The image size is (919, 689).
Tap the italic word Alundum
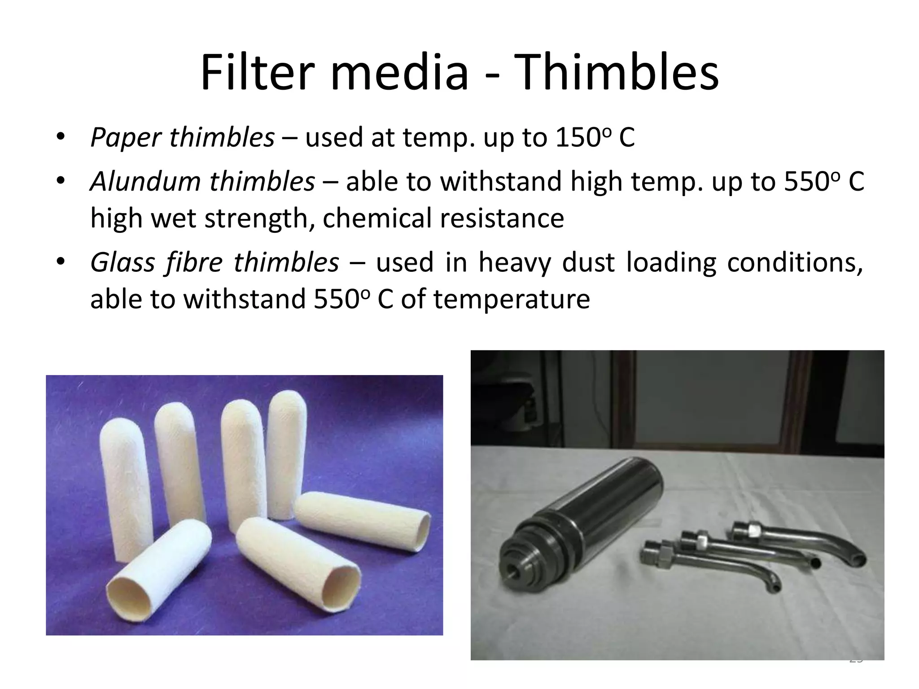[145, 182]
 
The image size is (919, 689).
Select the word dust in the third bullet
[588, 262]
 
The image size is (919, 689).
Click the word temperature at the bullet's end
[512, 299]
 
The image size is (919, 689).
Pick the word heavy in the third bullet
[514, 262]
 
